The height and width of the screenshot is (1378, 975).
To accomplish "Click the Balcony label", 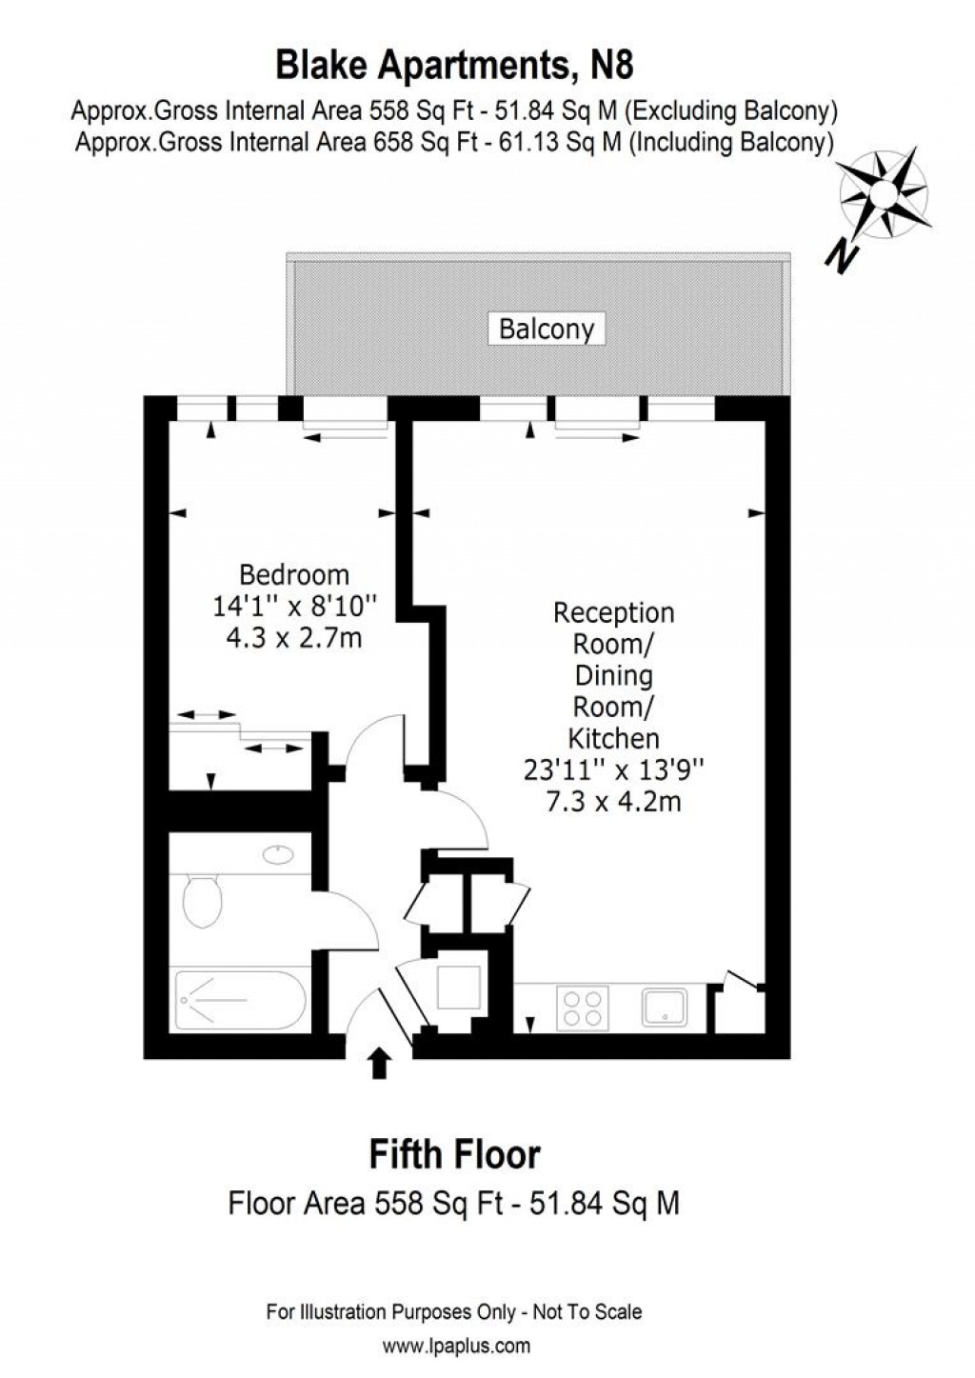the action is pyautogui.click(x=547, y=330).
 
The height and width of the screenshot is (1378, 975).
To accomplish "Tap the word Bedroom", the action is pyautogui.click(x=294, y=574).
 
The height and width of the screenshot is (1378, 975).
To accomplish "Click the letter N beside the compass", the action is pyautogui.click(x=842, y=256).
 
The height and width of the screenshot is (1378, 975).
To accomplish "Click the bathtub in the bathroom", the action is pyautogui.click(x=240, y=1000).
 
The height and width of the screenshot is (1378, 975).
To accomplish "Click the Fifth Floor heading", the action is pyautogui.click(x=454, y=1155).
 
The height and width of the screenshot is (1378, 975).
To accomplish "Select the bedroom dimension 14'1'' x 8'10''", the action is pyautogui.click(x=294, y=607).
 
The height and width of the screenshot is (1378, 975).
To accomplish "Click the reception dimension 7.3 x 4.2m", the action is pyautogui.click(x=614, y=802).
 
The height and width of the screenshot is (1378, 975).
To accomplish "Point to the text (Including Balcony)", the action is pyautogui.click(x=733, y=142).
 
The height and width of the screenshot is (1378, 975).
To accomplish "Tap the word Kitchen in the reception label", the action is pyautogui.click(x=614, y=738).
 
